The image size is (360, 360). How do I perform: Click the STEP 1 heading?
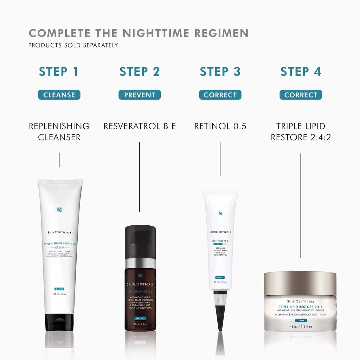pyautogui.click(x=59, y=71)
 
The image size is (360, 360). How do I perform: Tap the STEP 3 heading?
pyautogui.click(x=220, y=71)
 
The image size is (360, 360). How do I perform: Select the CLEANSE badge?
pyautogui.click(x=59, y=95)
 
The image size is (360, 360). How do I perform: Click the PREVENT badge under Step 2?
pyautogui.click(x=140, y=95)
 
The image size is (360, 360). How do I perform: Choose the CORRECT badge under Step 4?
pyautogui.click(x=301, y=95)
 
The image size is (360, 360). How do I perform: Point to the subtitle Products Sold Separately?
pyautogui.click(x=73, y=45)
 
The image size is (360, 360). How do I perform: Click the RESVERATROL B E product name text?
pyautogui.click(x=140, y=126)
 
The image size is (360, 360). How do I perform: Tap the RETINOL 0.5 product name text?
pyautogui.click(x=220, y=126)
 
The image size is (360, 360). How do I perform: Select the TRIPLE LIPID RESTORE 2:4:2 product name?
pyautogui.click(x=301, y=131)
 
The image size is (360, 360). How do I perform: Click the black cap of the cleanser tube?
pyautogui.click(x=59, y=322)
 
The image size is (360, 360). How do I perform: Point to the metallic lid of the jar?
pyautogui.click(x=300, y=283)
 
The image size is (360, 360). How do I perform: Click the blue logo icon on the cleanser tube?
pyautogui.click(x=59, y=210)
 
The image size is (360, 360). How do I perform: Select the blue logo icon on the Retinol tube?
pyautogui.click(x=220, y=213)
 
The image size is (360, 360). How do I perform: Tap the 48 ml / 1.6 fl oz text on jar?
pyautogui.click(x=300, y=327)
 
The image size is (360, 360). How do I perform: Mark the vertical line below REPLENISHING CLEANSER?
pyautogui.click(x=59, y=160)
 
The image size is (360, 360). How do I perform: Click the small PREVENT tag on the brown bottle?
pyautogui.click(x=140, y=318)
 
